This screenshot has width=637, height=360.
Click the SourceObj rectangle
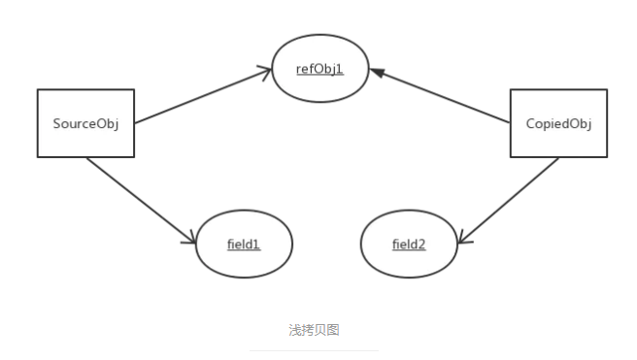click(x=84, y=123)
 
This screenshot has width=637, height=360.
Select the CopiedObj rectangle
click(x=558, y=123)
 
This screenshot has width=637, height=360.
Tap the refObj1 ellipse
click(x=320, y=69)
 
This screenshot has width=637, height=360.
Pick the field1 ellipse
click(x=244, y=245)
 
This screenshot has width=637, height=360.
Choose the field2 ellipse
click(x=409, y=245)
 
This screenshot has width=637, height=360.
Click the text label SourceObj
click(x=84, y=123)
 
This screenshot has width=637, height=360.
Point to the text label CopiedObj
click(x=558, y=124)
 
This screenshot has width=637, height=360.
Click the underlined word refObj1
click(x=320, y=69)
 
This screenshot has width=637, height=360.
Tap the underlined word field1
click(x=244, y=245)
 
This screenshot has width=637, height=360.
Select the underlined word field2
click(x=409, y=245)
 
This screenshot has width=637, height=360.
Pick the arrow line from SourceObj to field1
click(x=141, y=200)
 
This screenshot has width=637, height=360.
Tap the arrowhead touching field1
click(x=190, y=239)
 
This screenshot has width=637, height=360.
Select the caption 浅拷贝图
click(x=314, y=330)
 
